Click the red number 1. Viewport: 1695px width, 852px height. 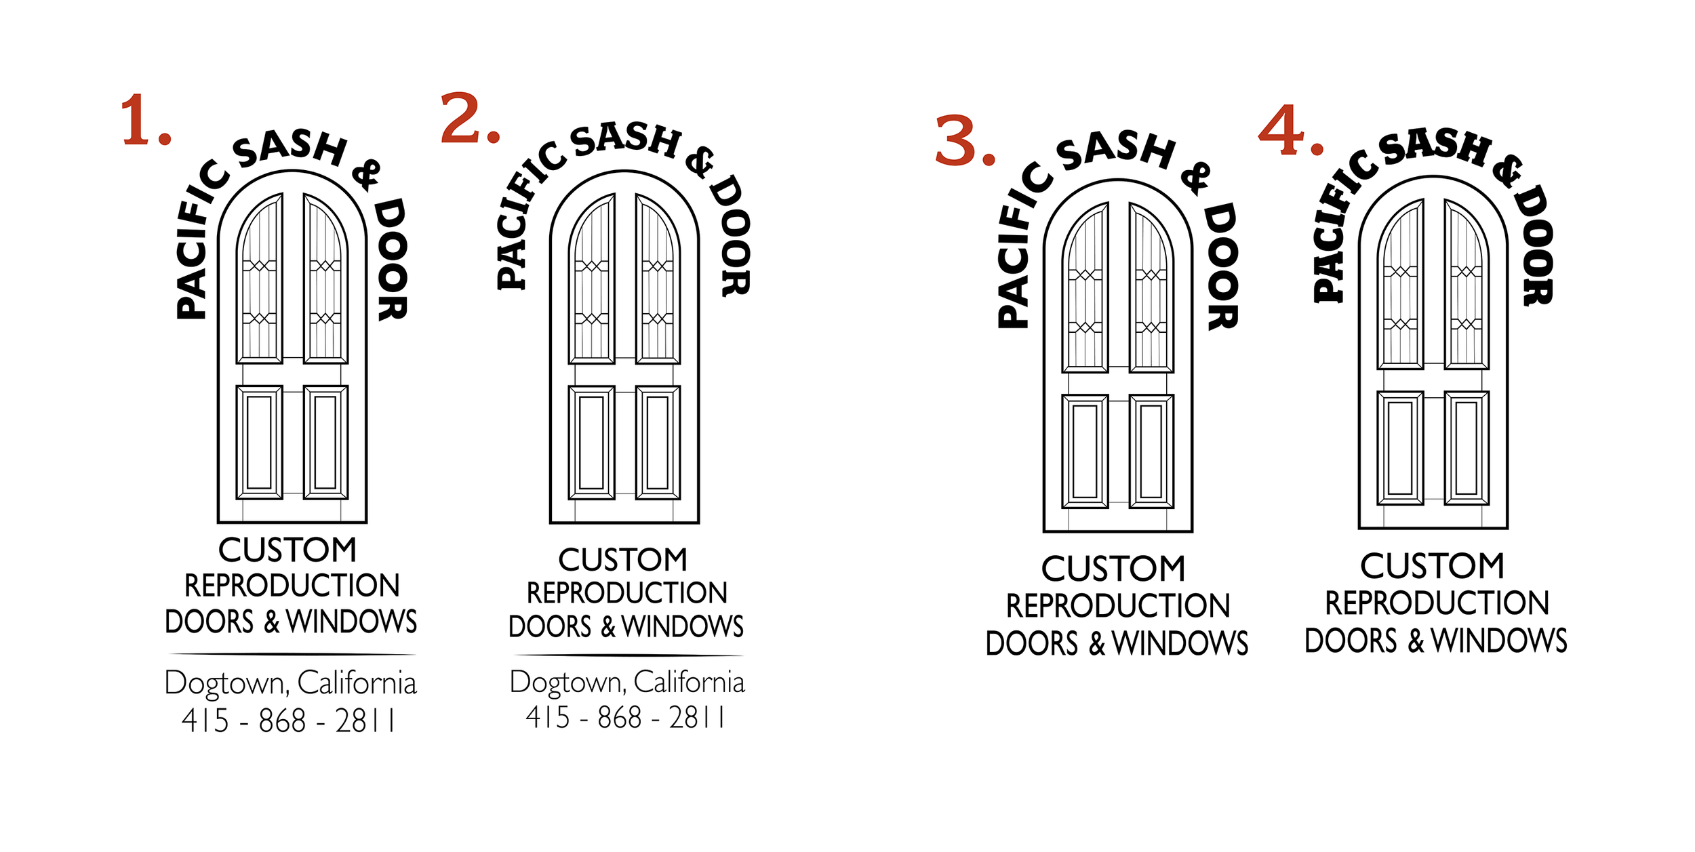point(138,121)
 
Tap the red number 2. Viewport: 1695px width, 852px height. point(462,119)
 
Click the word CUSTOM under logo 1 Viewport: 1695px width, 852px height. point(287,550)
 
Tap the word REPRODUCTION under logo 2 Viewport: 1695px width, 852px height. point(626,593)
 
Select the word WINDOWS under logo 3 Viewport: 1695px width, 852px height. point(1180,643)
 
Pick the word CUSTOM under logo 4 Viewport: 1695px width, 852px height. point(1432,566)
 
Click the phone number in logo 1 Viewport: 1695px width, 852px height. point(288,721)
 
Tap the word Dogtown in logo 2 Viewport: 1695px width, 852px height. point(567,683)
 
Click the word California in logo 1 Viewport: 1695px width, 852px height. point(357,683)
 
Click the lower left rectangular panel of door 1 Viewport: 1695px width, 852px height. point(259,442)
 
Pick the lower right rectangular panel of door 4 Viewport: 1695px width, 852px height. point(1467,447)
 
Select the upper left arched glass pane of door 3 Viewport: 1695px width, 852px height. point(1085,288)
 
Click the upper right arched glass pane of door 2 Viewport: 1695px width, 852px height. point(658,279)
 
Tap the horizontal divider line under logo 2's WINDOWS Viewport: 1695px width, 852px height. point(628,655)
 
